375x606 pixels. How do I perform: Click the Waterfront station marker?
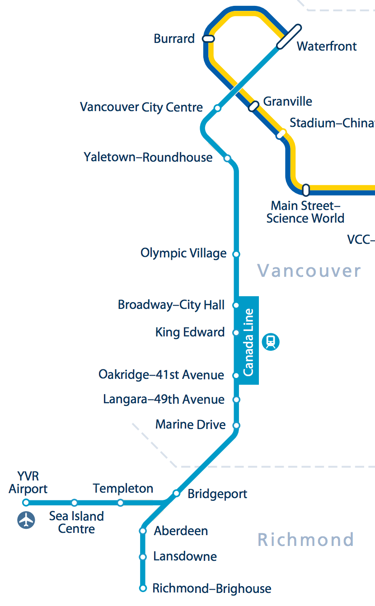[x=289, y=37]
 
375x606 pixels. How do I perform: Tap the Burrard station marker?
[x=209, y=39]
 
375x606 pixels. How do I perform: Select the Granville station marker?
[x=254, y=106]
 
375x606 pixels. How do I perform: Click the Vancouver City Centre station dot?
[x=217, y=108]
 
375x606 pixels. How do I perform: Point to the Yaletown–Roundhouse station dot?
[x=227, y=158]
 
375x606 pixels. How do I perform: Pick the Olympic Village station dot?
[x=235, y=254]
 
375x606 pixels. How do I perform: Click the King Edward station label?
[x=190, y=332]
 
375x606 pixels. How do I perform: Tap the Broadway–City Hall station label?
[x=171, y=305]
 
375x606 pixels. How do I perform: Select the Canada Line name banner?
[x=248, y=340]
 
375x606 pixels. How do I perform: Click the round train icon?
[x=271, y=341]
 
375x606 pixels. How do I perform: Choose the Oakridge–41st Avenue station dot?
[x=235, y=375]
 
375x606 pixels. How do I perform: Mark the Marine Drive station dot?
[x=235, y=425]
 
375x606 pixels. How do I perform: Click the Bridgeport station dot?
[x=176, y=493]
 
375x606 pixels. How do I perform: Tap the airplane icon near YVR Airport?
[x=26, y=520]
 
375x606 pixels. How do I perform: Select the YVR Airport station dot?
[x=26, y=503]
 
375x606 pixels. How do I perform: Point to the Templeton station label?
[x=123, y=488]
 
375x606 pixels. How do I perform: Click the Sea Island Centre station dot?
[x=74, y=503]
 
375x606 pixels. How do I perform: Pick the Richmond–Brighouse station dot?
[x=143, y=588]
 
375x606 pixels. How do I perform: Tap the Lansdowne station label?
[x=185, y=556]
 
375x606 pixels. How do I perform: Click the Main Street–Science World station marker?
[x=306, y=190]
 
